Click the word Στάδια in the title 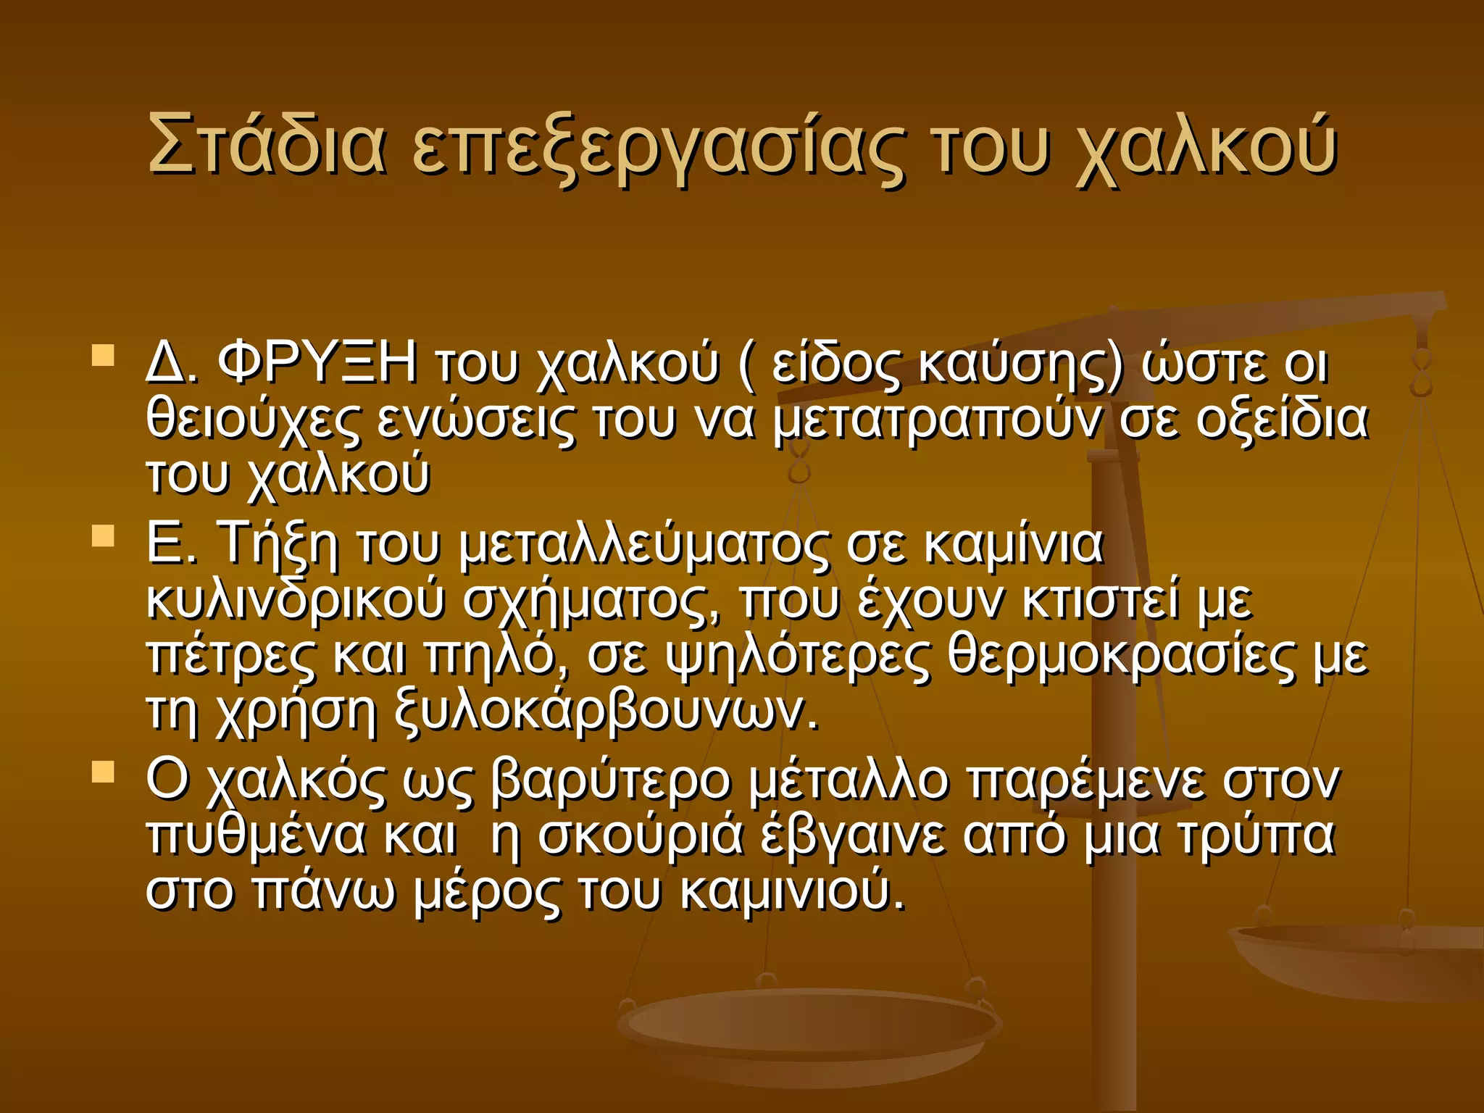(x=265, y=145)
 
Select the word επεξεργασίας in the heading (x=658, y=149)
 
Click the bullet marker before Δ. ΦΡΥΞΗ (x=104, y=356)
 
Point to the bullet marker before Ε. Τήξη (x=104, y=536)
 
